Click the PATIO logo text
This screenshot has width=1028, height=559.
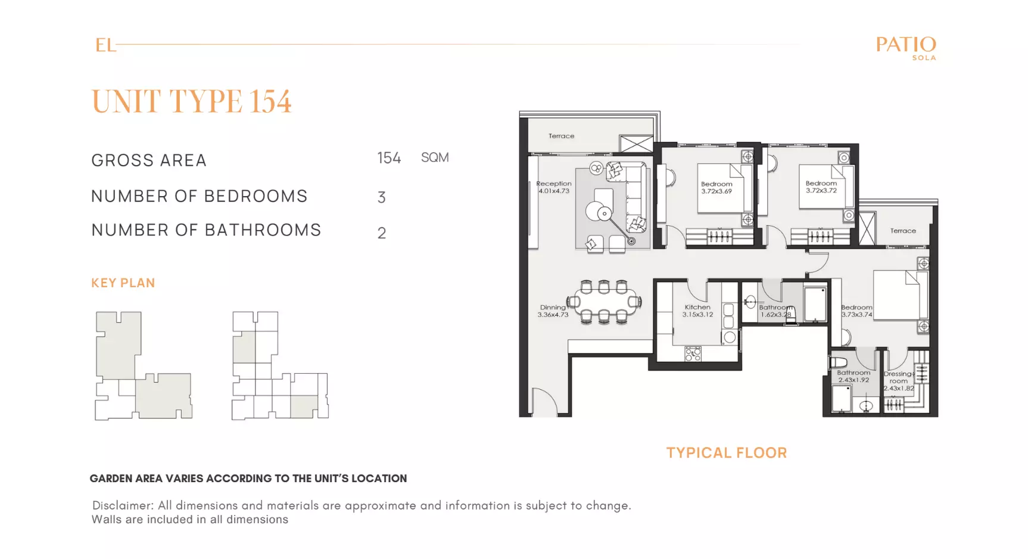tap(906, 45)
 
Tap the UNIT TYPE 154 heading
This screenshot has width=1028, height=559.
tap(191, 101)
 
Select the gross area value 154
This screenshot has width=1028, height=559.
tap(389, 158)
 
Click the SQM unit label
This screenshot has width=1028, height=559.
tap(435, 158)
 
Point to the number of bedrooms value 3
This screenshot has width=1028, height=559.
tap(382, 197)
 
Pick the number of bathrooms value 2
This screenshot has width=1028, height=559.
tap(382, 233)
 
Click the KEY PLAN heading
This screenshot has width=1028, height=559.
tap(123, 283)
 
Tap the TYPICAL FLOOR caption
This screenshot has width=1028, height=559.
tap(727, 453)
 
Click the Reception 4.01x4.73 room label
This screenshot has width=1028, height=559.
tap(554, 187)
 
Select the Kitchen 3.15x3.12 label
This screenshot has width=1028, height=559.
tap(697, 310)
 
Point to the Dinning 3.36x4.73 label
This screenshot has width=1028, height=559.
tap(553, 311)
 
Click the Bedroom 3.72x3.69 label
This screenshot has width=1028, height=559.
tap(717, 188)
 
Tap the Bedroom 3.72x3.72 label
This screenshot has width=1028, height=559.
tap(821, 187)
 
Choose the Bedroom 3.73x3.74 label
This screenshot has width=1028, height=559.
tap(856, 311)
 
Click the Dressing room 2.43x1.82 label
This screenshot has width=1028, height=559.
tap(899, 381)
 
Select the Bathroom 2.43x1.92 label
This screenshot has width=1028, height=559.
tap(853, 376)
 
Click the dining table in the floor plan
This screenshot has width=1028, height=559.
tap(604, 302)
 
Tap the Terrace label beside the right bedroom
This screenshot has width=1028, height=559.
tap(903, 231)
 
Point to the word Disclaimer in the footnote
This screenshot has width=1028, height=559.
tap(123, 505)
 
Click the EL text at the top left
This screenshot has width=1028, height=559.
tap(105, 45)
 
